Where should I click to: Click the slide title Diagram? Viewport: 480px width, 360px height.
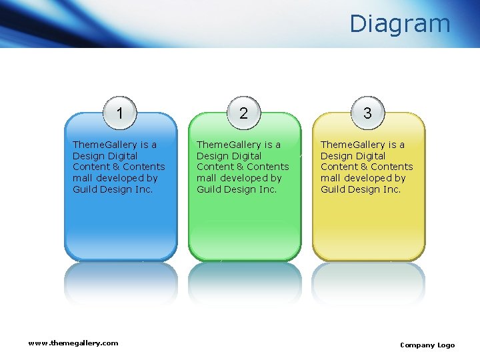point(400,24)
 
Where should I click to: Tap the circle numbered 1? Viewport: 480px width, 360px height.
point(119,113)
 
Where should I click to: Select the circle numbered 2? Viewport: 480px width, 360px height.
point(243,113)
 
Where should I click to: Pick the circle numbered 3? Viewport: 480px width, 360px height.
point(367,113)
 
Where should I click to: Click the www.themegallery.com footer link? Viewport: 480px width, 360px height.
point(73,343)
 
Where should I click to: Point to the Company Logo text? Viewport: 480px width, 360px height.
point(427,345)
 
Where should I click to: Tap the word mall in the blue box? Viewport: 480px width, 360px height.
point(82,178)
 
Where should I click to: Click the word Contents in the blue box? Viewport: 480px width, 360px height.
point(144,167)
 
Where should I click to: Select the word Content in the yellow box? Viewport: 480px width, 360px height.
point(339,167)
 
